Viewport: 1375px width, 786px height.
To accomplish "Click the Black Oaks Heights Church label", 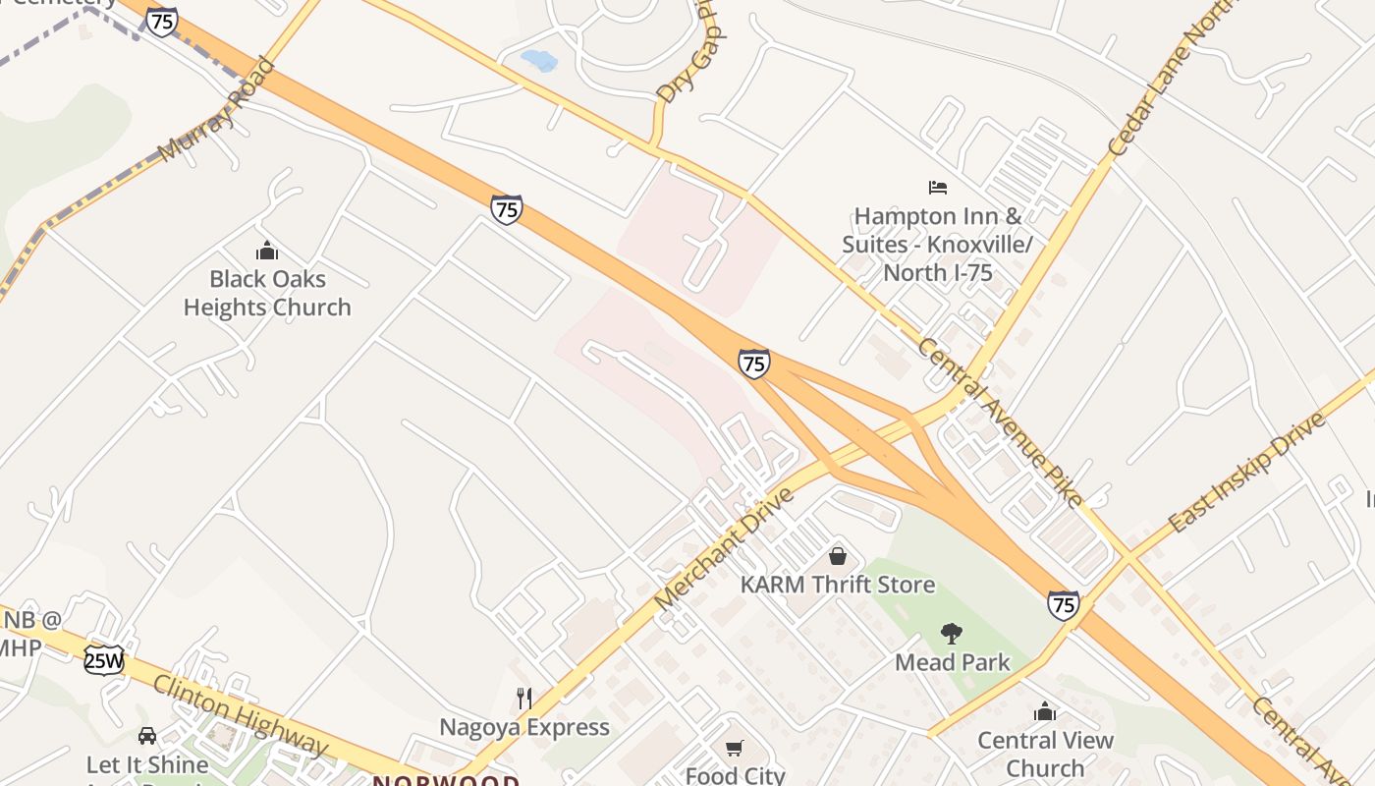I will (267, 293).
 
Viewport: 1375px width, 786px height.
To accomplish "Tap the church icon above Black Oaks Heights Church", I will (267, 251).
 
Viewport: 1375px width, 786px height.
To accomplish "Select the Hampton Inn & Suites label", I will (937, 244).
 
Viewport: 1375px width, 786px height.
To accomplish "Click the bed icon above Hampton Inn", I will (938, 187).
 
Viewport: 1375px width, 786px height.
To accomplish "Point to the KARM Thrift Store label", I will (838, 585).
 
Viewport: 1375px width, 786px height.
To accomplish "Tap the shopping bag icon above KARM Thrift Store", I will (838, 556).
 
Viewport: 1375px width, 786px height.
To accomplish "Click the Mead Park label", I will (952, 662).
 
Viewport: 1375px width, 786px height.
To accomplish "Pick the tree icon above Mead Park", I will (951, 634).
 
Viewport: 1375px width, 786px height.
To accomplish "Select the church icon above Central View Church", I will (1045, 710).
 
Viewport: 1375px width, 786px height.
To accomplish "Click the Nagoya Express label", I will (524, 728).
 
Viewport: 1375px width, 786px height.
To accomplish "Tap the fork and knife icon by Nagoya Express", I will (524, 699).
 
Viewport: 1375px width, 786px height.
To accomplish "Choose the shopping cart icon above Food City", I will (735, 749).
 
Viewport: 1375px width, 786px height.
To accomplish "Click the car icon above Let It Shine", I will (147, 735).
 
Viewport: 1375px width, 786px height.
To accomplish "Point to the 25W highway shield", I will (103, 660).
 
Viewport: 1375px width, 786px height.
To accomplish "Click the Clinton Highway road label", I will (241, 714).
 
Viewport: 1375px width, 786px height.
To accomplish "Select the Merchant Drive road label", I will (723, 546).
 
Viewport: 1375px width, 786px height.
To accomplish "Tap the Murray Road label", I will (216, 110).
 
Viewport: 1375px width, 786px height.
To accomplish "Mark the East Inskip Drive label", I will (1246, 472).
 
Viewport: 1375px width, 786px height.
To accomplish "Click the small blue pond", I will (539, 60).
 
